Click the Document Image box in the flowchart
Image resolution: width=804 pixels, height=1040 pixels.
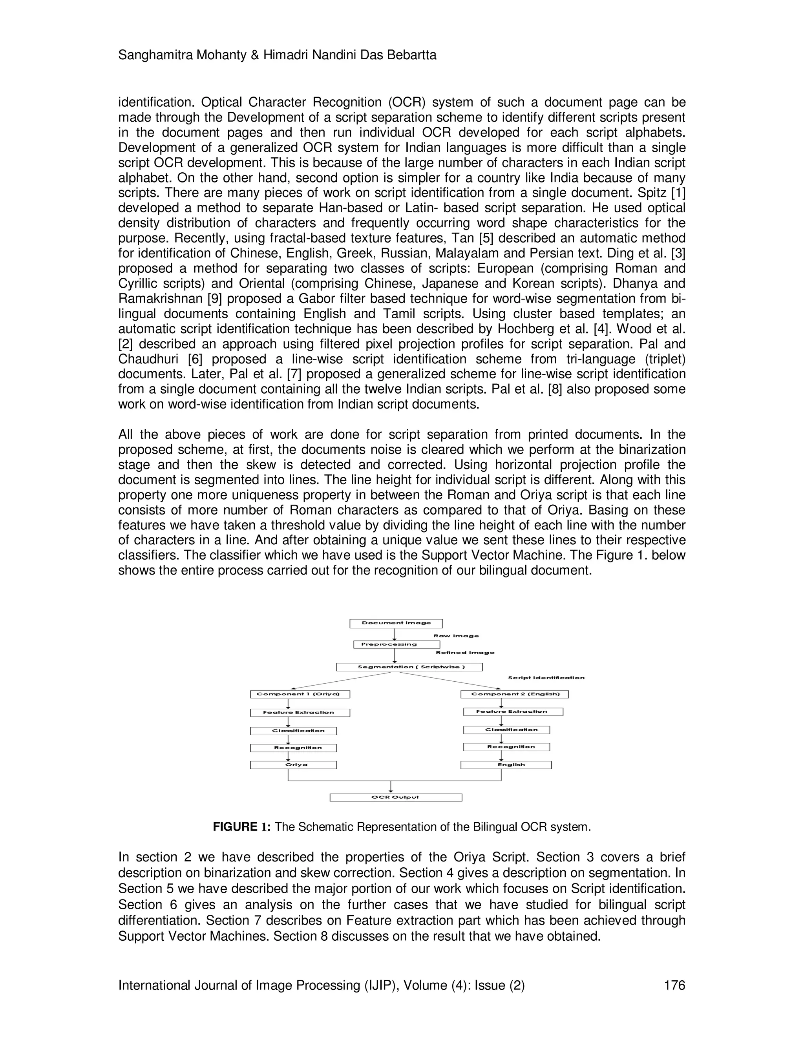click(396, 623)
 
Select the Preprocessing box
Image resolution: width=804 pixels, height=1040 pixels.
click(396, 644)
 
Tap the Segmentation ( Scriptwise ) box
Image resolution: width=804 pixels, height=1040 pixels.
click(409, 667)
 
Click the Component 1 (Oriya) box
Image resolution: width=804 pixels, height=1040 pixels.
click(300, 694)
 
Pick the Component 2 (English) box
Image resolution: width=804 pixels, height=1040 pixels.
click(514, 694)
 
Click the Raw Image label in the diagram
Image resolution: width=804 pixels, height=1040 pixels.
click(456, 636)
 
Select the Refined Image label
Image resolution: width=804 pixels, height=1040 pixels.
click(465, 653)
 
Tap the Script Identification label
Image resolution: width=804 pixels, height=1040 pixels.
click(546, 678)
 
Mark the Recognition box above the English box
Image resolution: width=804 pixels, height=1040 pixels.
click(506, 747)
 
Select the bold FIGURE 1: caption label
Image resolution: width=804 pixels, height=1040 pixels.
click(241, 827)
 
